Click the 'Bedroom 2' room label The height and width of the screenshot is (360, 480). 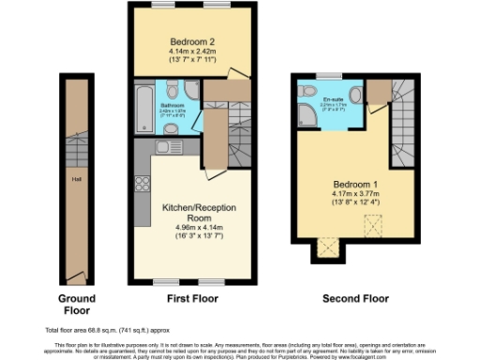(x=192, y=40)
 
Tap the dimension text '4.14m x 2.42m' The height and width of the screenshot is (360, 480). (x=192, y=51)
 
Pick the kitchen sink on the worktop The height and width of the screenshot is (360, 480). (x=168, y=146)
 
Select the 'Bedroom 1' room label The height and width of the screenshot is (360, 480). (x=354, y=184)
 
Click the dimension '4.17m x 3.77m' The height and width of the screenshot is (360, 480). (x=354, y=194)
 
